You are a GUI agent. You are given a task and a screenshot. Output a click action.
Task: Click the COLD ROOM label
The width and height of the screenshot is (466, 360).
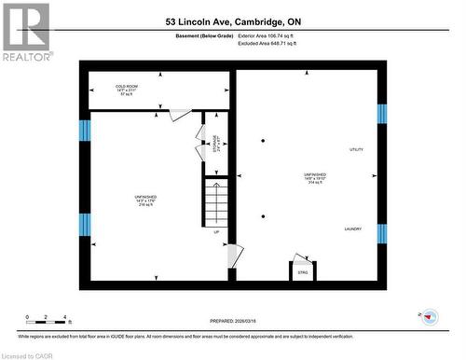(127, 90)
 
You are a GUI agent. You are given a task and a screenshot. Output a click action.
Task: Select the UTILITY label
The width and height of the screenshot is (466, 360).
(356, 149)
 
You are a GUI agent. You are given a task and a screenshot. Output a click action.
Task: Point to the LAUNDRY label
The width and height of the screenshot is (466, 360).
(352, 228)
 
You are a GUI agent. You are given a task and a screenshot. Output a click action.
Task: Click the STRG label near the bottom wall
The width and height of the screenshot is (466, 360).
(302, 272)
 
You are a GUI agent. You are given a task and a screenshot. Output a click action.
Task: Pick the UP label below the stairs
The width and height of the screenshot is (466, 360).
(217, 232)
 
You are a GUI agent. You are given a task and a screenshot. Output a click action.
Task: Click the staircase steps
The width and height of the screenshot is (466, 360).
(216, 203)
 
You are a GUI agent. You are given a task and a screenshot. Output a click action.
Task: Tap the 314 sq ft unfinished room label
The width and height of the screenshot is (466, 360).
(314, 178)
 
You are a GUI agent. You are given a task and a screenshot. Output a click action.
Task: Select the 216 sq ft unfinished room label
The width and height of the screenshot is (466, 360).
(144, 201)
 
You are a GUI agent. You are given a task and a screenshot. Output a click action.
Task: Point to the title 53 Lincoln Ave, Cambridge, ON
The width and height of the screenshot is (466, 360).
(233, 21)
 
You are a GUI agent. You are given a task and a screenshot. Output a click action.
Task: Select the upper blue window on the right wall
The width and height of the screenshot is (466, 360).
(381, 114)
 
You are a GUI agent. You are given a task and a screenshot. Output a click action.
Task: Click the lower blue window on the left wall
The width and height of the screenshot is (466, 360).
(85, 225)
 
